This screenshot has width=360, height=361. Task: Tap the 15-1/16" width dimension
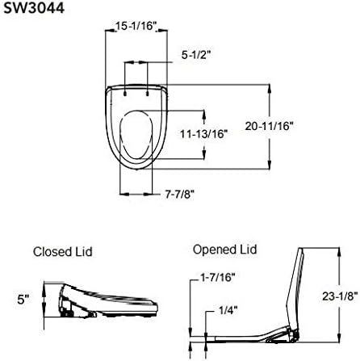click(x=136, y=27)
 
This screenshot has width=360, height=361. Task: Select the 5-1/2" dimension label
click(x=194, y=56)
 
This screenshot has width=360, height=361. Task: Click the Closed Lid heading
click(x=62, y=252)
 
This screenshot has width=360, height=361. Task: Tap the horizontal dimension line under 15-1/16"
click(x=136, y=35)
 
